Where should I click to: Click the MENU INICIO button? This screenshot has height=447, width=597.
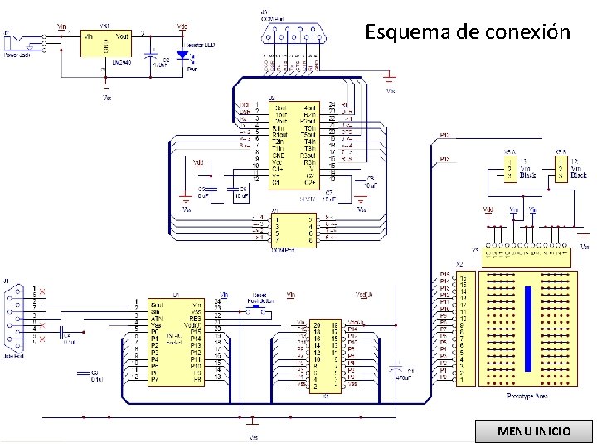533,431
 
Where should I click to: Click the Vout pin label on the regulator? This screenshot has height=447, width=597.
122,36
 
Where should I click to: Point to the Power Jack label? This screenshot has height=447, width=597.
17,55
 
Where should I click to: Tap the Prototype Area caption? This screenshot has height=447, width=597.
527,396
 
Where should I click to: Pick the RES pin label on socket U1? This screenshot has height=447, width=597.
196,318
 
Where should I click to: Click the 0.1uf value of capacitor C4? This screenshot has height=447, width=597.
70,340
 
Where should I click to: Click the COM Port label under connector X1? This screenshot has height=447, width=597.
284,251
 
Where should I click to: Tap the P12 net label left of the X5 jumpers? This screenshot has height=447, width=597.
444,135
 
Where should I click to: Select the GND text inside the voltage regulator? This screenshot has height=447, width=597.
105,48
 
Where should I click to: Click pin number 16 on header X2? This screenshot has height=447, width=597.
464,276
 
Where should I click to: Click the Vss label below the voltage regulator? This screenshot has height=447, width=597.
106,97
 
